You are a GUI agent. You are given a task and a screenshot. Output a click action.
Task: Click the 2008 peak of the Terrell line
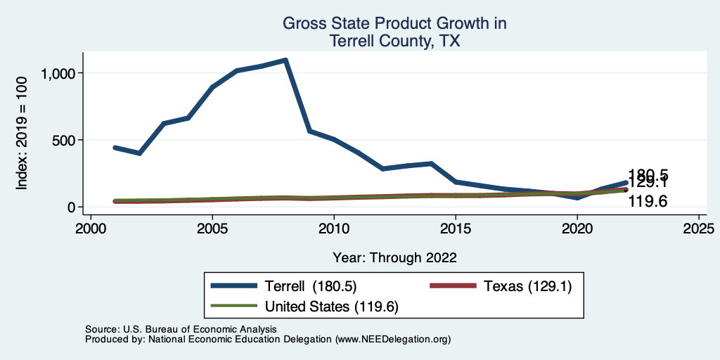pyautogui.click(x=285, y=60)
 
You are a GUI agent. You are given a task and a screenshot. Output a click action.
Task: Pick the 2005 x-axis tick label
pyautogui.click(x=212, y=229)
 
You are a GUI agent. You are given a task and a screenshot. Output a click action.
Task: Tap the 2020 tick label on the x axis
pyautogui.click(x=577, y=229)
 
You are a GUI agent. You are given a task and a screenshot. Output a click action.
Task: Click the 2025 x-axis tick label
pyautogui.click(x=698, y=229)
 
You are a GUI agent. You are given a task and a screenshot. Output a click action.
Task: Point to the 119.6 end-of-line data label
pyautogui.click(x=648, y=202)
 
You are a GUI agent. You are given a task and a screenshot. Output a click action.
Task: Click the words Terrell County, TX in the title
pyautogui.click(x=394, y=41)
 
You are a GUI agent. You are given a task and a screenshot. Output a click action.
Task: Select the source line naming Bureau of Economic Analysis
pyautogui.click(x=181, y=329)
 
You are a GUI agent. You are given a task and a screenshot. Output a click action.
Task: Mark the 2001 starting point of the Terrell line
pyautogui.click(x=115, y=148)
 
